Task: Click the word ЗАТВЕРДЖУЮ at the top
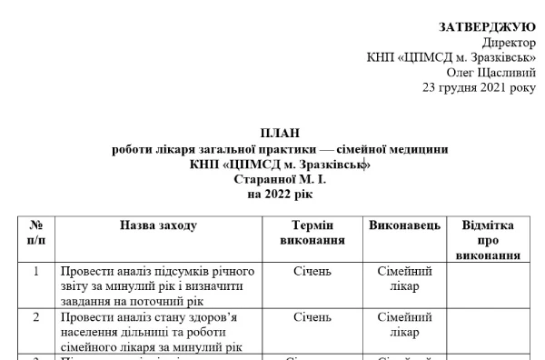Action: pos(487,27)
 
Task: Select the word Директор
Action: pos(509,42)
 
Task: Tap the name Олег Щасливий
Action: pos(490,72)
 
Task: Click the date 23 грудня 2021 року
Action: pos(479,87)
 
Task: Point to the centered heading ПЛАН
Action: pos(280,134)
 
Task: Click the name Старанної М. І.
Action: pos(280,179)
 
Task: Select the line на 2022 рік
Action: pos(280,195)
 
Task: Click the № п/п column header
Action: pos(36,233)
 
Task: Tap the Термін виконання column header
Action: pos(312,233)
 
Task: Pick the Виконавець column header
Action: pos(404,225)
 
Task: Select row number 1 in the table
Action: pos(36,271)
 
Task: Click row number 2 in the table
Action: pos(36,317)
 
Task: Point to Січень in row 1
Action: pos(312,271)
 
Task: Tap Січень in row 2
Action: pos(312,317)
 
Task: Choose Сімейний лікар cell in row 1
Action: pos(404,278)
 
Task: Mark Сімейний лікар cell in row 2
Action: pos(404,325)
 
